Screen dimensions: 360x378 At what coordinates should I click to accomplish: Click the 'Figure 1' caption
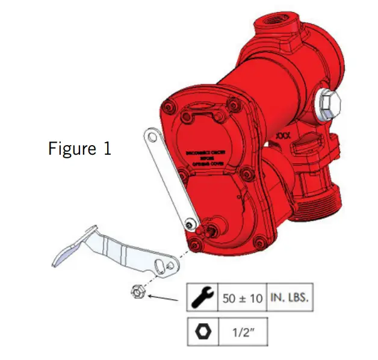pos(79,149)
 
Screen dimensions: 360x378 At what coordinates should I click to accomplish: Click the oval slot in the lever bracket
pos(160,265)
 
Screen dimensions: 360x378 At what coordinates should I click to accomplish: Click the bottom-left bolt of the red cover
pos(194,246)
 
